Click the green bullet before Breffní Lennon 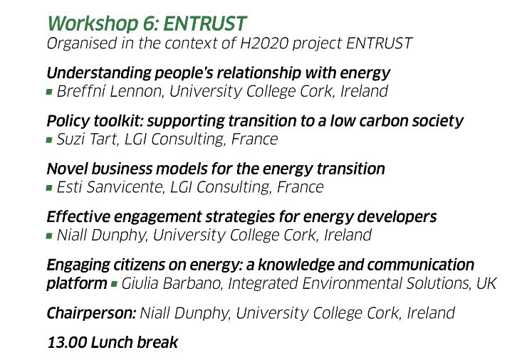(49, 92)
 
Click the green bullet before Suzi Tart (49, 140)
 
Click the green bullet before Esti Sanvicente (49, 189)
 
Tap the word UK (486, 284)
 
